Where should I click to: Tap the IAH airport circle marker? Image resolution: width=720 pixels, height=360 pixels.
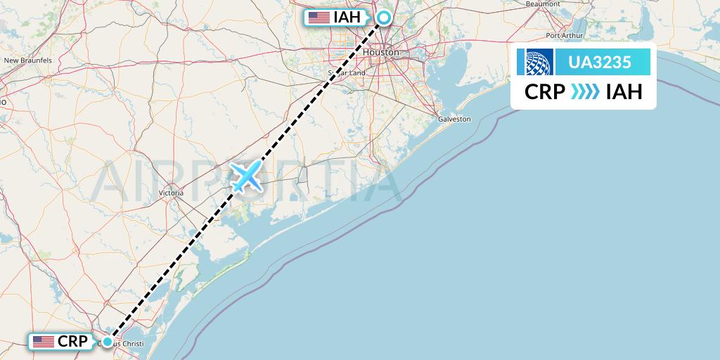(x=384, y=18)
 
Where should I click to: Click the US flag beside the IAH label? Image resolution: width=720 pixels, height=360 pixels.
(x=319, y=18)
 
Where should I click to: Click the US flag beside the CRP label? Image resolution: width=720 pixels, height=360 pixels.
(x=44, y=342)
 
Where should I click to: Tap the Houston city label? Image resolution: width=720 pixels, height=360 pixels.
(x=381, y=53)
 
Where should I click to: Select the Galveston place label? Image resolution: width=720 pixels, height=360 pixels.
(x=454, y=120)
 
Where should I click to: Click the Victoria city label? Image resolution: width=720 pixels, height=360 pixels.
(x=171, y=193)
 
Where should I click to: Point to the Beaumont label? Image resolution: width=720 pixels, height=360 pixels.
(x=542, y=4)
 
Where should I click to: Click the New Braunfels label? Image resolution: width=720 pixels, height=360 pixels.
(x=28, y=61)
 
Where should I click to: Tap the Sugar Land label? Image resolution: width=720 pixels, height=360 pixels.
(x=347, y=72)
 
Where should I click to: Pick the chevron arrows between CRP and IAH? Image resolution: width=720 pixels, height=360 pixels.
(x=585, y=91)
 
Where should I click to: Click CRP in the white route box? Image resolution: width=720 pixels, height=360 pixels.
(x=545, y=91)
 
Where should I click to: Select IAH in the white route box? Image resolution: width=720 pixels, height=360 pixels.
(x=624, y=91)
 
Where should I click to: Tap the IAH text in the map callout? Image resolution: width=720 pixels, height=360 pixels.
(x=349, y=18)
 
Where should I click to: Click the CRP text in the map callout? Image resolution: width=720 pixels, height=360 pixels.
(x=72, y=342)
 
